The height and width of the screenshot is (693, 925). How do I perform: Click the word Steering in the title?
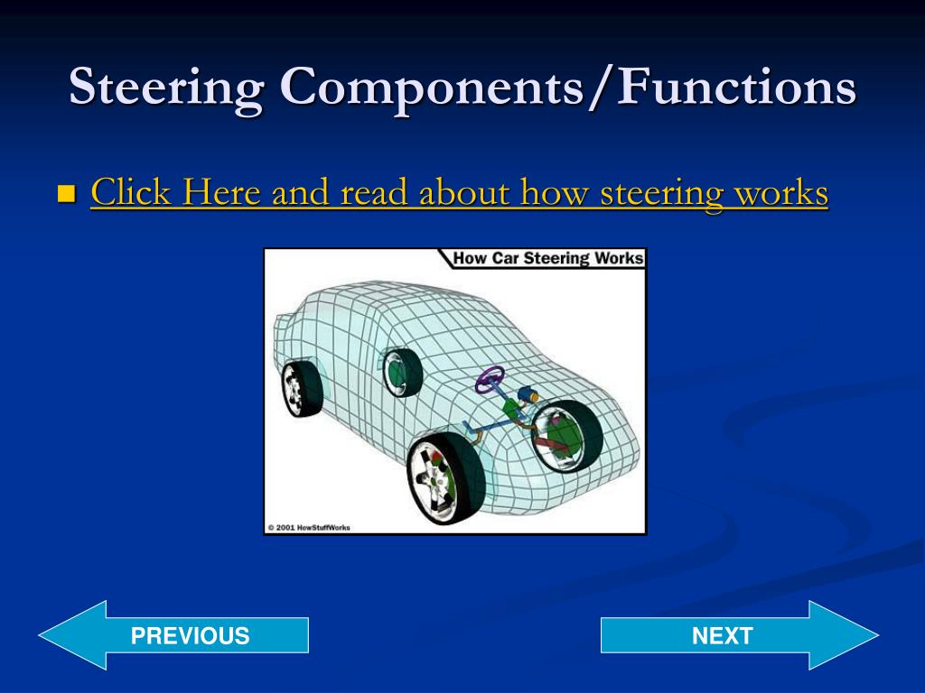click(166, 88)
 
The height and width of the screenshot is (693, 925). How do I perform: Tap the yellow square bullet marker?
click(66, 193)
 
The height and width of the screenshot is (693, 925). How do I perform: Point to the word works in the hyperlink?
click(780, 192)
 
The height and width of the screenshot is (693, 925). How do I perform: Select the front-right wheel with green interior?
click(566, 437)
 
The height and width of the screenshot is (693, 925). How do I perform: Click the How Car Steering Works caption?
click(547, 259)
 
